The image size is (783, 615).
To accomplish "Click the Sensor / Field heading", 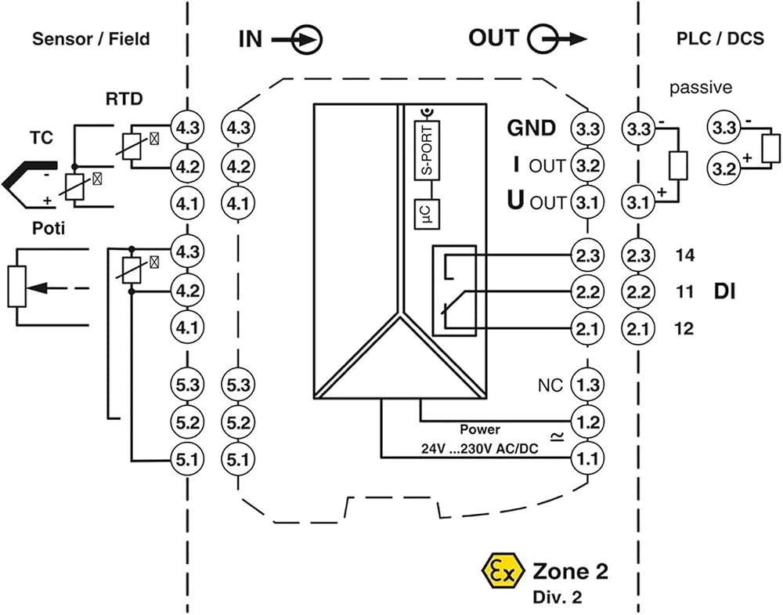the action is [91, 39].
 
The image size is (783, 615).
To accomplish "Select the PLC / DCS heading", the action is [720, 38].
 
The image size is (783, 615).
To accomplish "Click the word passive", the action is [701, 88].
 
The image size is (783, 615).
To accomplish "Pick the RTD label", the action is [124, 99].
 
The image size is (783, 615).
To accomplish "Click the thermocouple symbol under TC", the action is [30, 183].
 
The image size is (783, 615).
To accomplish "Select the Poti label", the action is [49, 228].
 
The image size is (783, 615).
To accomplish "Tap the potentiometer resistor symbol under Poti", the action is [16, 287].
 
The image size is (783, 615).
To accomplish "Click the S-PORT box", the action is [427, 150].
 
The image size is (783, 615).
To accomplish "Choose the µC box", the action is [427, 214].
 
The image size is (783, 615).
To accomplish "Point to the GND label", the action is [531, 128].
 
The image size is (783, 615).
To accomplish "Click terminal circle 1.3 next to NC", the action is [587, 385].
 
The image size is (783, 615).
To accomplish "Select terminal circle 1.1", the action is [587, 458].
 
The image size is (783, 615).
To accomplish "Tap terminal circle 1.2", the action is [587, 421].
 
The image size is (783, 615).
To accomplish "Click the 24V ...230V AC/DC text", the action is [479, 449].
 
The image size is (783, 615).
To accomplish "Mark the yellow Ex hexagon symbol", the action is [503, 572].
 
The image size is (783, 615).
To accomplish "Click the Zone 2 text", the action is [571, 571].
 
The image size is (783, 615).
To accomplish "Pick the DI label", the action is [724, 291].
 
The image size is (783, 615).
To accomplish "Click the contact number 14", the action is [684, 255].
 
